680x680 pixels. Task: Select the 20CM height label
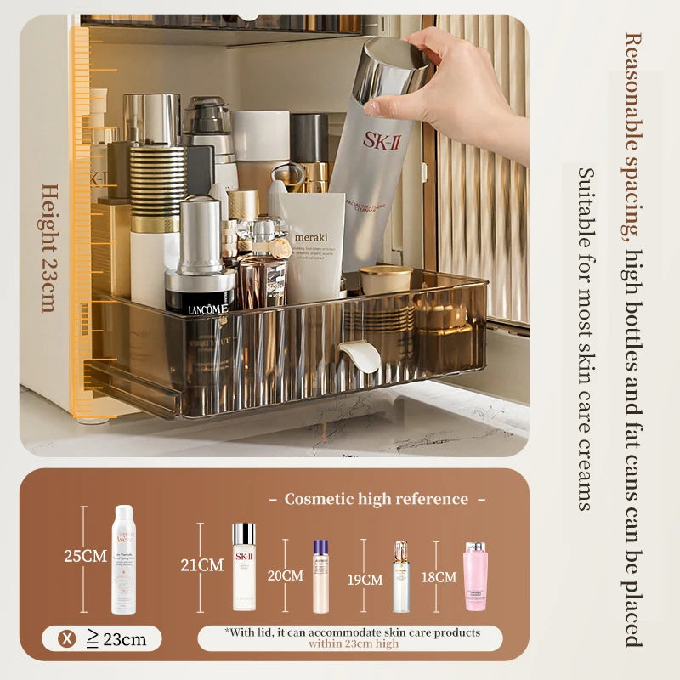pyautogui.click(x=286, y=575)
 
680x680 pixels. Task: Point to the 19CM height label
pyautogui.click(x=365, y=580)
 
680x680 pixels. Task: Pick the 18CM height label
pyautogui.click(x=439, y=577)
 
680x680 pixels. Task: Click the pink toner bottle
pyautogui.click(x=476, y=576)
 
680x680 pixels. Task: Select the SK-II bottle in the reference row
pyautogui.click(x=244, y=566)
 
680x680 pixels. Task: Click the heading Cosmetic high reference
pyautogui.click(x=377, y=499)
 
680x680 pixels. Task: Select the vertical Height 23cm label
pyautogui.click(x=48, y=246)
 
